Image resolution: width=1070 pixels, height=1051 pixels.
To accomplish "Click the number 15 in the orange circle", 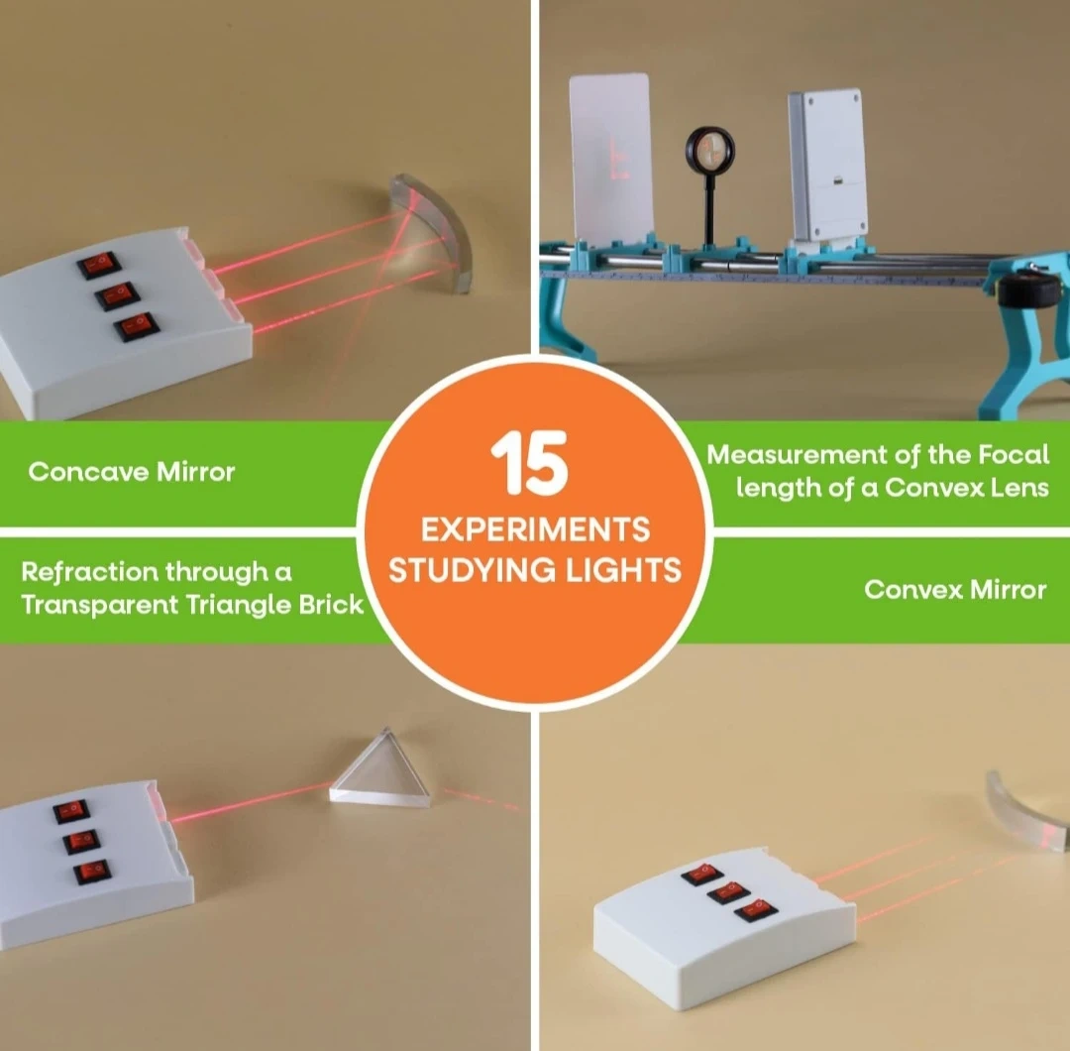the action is pyautogui.click(x=529, y=462).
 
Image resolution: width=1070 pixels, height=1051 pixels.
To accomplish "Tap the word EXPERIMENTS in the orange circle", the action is pyautogui.click(x=536, y=529).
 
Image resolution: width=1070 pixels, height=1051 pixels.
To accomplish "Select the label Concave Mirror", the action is pyautogui.click(x=132, y=472).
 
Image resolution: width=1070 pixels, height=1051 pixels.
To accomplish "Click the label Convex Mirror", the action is pyautogui.click(x=955, y=589).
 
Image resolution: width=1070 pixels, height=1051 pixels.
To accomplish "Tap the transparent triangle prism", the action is pyautogui.click(x=380, y=768).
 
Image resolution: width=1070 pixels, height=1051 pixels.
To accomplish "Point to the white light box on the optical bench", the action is pyautogui.click(x=827, y=165).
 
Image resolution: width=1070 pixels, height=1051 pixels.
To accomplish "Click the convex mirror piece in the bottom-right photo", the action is pyautogui.click(x=1027, y=811).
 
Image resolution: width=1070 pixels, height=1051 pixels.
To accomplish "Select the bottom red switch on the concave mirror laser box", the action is pyautogui.click(x=137, y=326).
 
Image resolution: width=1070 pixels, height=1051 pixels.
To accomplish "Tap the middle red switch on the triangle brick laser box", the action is pyautogui.click(x=82, y=841).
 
